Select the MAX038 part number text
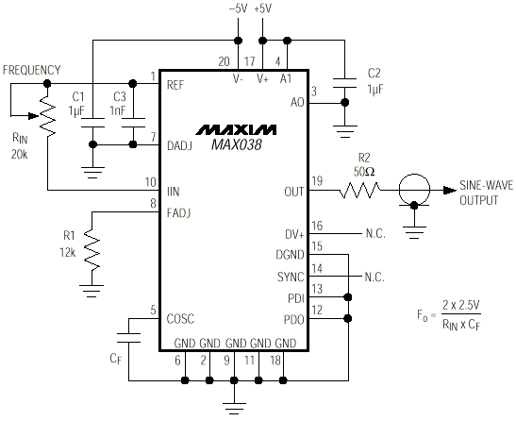[235, 144]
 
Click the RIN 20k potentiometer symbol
[45, 121]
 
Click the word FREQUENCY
[31, 70]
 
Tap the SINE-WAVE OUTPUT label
[486, 192]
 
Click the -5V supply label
[238, 8]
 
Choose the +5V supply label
[263, 8]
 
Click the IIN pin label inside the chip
[174, 192]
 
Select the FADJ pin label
[179, 213]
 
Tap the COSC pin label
[181, 318]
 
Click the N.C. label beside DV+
[375, 232]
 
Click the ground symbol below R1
[92, 281]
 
